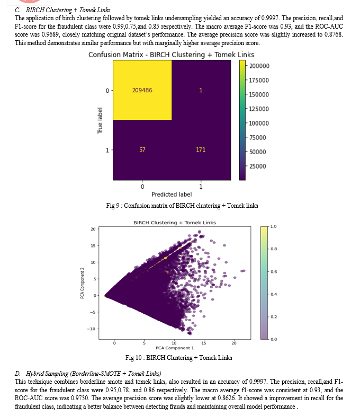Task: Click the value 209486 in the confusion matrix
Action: [x=142, y=90]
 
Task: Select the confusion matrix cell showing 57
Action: [x=142, y=150]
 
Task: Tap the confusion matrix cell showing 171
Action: [x=201, y=150]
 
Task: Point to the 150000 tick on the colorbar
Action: [x=259, y=94]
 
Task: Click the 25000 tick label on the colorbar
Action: [x=258, y=166]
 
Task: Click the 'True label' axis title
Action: [x=100, y=120]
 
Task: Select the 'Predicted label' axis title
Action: [x=172, y=195]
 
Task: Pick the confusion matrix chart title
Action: [x=172, y=55]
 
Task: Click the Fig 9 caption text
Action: [x=182, y=206]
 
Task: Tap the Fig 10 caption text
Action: [x=179, y=358]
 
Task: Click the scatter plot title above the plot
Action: [x=175, y=223]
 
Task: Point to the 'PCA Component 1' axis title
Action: [x=175, y=348]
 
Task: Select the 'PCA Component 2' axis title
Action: [x=82, y=283]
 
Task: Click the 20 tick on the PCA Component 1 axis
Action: [x=234, y=343]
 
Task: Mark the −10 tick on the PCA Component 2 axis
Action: [x=91, y=329]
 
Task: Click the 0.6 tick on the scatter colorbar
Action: [x=274, y=271]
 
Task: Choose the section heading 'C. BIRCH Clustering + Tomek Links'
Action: [x=62, y=10]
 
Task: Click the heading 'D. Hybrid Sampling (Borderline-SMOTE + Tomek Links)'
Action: [x=88, y=374]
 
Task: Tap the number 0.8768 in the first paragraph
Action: [x=334, y=34]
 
